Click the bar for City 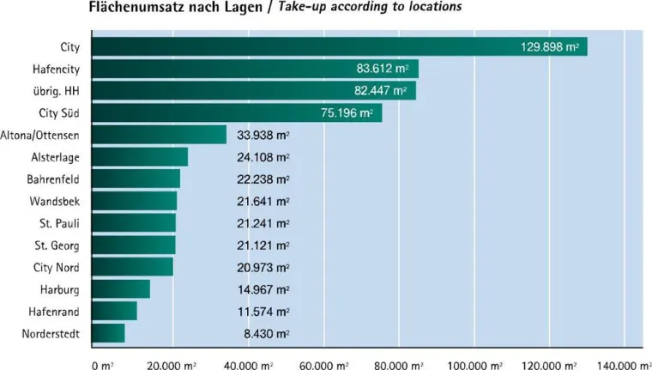click(339, 46)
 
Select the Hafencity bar click(254, 69)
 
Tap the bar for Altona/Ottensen click(158, 135)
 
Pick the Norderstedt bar click(107, 333)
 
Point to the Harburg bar click(119, 288)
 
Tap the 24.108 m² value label click(263, 157)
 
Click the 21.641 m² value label click(263, 201)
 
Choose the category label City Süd click(59, 112)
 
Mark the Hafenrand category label click(55, 311)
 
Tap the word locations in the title click(430, 7)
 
